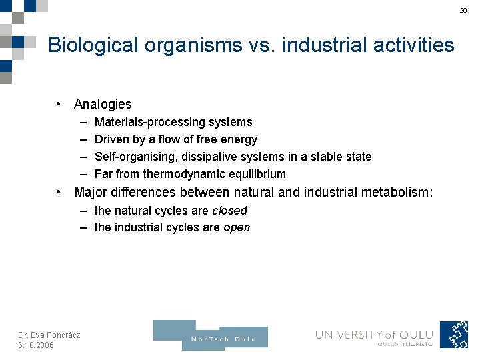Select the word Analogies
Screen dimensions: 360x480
(103, 104)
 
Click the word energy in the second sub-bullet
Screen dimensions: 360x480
(241, 139)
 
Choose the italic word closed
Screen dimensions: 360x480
(229, 211)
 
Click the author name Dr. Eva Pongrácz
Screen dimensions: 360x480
(49, 335)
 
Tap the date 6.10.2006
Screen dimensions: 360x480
(36, 345)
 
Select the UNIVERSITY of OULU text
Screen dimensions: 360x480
(374, 335)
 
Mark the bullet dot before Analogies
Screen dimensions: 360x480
(60, 104)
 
